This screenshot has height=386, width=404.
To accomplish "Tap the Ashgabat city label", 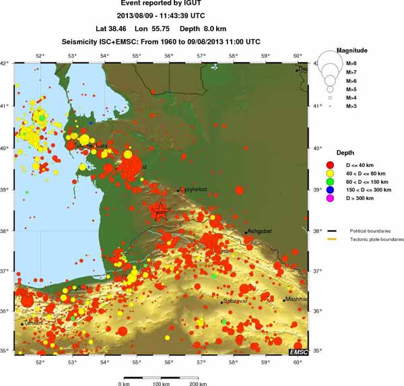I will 259,231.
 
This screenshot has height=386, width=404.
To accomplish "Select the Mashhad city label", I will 296,299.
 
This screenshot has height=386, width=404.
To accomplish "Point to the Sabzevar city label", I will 236,301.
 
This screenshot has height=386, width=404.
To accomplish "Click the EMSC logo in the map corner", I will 298,352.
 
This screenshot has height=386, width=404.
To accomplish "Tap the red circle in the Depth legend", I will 331,164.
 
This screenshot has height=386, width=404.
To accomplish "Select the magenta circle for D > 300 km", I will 331,199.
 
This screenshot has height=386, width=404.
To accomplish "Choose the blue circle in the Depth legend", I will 331,190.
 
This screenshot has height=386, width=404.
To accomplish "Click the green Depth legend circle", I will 331,181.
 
